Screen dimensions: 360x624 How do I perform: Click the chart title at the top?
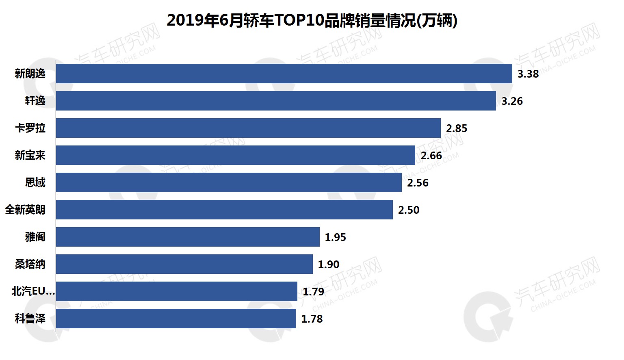coord(312,20)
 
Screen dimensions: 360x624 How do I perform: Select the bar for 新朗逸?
coord(284,74)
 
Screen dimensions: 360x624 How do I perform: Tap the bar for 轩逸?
coord(276,101)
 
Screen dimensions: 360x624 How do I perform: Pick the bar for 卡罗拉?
coord(248,128)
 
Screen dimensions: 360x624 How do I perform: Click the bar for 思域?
coord(229,182)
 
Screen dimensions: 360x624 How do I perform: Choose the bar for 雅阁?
coord(188,237)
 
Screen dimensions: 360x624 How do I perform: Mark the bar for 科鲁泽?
coord(176,319)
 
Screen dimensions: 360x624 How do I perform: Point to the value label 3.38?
coord(528,74)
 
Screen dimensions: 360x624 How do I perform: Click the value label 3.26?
coord(512,101)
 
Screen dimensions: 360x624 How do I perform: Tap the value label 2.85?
coord(457,128)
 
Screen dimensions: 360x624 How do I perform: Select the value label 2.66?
coord(431,156)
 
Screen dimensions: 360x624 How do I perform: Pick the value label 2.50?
coord(409,210)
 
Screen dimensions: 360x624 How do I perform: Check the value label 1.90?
coord(329,265)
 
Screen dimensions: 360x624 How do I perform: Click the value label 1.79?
coord(314,292)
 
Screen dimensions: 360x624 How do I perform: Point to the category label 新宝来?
coord(30,155)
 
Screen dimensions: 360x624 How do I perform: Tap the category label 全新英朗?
coord(25,210)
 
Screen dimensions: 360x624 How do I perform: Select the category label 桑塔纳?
coord(30,264)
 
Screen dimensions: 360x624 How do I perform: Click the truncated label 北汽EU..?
coord(33,291)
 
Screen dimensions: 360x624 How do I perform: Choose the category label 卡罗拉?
coord(30,128)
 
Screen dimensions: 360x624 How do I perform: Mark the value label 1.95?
coord(336,237)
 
